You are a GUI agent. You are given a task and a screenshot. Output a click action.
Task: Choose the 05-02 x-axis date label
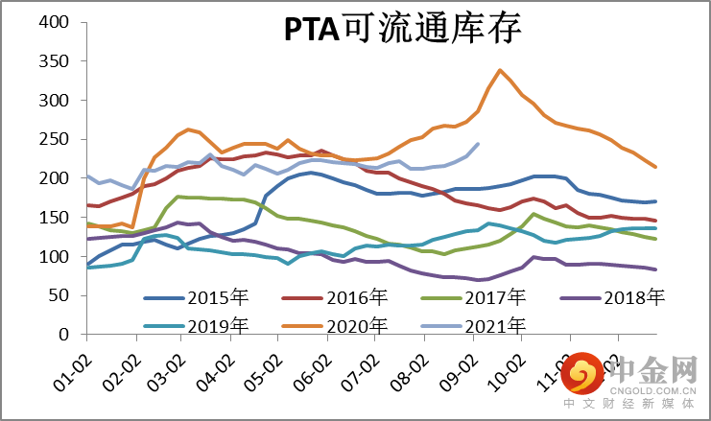pos(265,363)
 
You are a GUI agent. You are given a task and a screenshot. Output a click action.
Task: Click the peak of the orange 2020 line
pos(501,70)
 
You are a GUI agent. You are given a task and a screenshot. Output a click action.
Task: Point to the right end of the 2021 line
pos(478,144)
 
